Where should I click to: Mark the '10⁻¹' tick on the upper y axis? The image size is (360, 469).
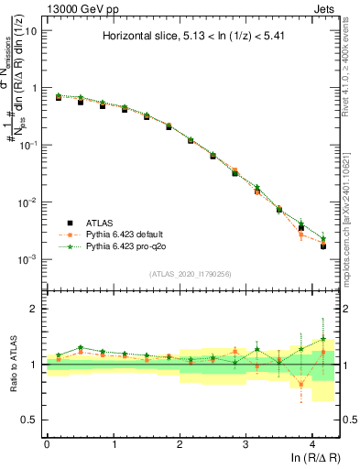[29, 145]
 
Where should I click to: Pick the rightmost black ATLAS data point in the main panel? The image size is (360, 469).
[323, 246]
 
